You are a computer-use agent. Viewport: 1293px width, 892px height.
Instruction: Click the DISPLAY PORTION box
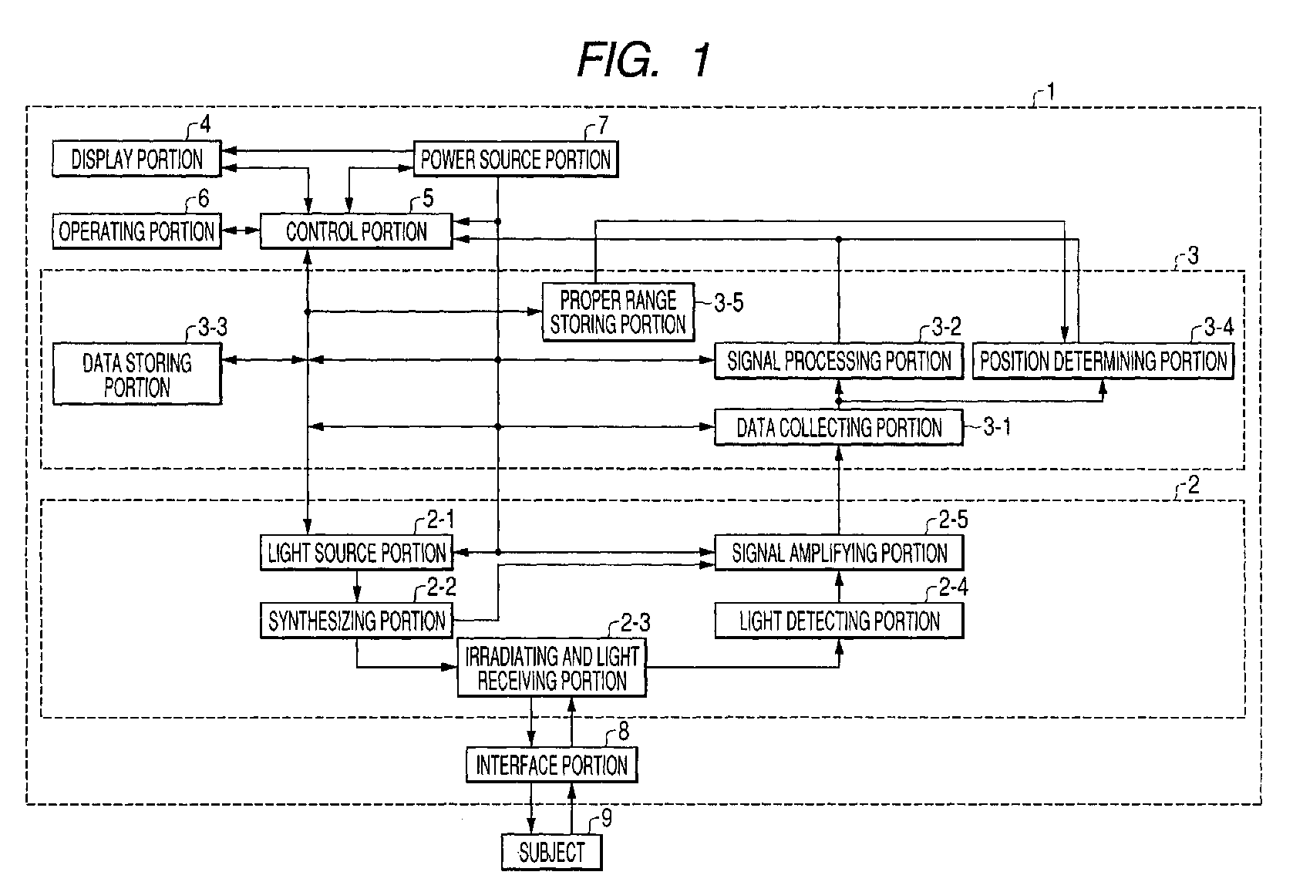pyautogui.click(x=136, y=159)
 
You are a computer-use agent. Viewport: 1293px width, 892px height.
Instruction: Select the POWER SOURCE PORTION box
pyautogui.click(x=516, y=159)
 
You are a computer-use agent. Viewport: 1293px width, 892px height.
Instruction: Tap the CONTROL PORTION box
pyautogui.click(x=356, y=231)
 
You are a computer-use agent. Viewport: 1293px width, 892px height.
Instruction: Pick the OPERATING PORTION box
pyautogui.click(x=136, y=231)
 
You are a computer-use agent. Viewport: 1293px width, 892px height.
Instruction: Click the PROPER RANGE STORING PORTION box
pyautogui.click(x=618, y=311)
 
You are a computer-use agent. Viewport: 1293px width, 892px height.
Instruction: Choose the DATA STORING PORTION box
pyautogui.click(x=136, y=374)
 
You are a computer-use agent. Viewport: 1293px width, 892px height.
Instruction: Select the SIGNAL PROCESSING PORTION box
pyautogui.click(x=839, y=361)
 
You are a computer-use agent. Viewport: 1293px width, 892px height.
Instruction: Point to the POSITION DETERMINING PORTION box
pyautogui.click(x=1103, y=361)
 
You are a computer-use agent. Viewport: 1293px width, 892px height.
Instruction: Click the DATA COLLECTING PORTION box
pyautogui.click(x=839, y=427)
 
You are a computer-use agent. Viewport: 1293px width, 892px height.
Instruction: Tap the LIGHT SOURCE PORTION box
pyautogui.click(x=356, y=553)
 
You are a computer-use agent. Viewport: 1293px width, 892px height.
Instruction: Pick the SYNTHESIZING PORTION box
pyautogui.click(x=356, y=621)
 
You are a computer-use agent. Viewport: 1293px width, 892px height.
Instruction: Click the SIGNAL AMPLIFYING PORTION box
pyautogui.click(x=840, y=553)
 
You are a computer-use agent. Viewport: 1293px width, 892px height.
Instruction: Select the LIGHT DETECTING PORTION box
pyautogui.click(x=840, y=621)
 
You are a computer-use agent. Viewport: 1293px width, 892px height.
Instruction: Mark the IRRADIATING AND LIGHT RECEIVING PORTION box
pyautogui.click(x=552, y=668)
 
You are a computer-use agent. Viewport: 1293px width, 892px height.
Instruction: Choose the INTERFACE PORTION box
pyautogui.click(x=552, y=765)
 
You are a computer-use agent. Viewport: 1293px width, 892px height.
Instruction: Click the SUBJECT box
pyautogui.click(x=552, y=852)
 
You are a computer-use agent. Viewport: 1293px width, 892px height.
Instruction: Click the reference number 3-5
pyautogui.click(x=729, y=302)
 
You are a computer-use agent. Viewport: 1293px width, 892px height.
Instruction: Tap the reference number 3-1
pyautogui.click(x=997, y=427)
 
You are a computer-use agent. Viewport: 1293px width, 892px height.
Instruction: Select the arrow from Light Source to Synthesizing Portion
pyautogui.click(x=357, y=587)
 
